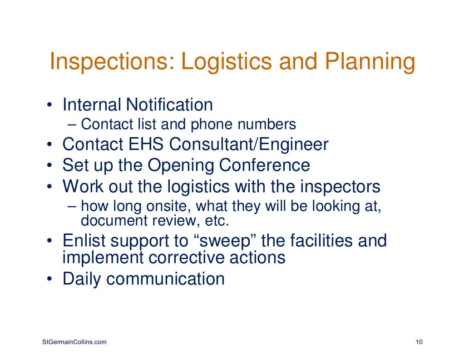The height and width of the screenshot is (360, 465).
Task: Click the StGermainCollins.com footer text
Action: pyautogui.click(x=72, y=342)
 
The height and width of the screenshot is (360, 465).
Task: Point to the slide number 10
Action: pyautogui.click(x=419, y=342)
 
